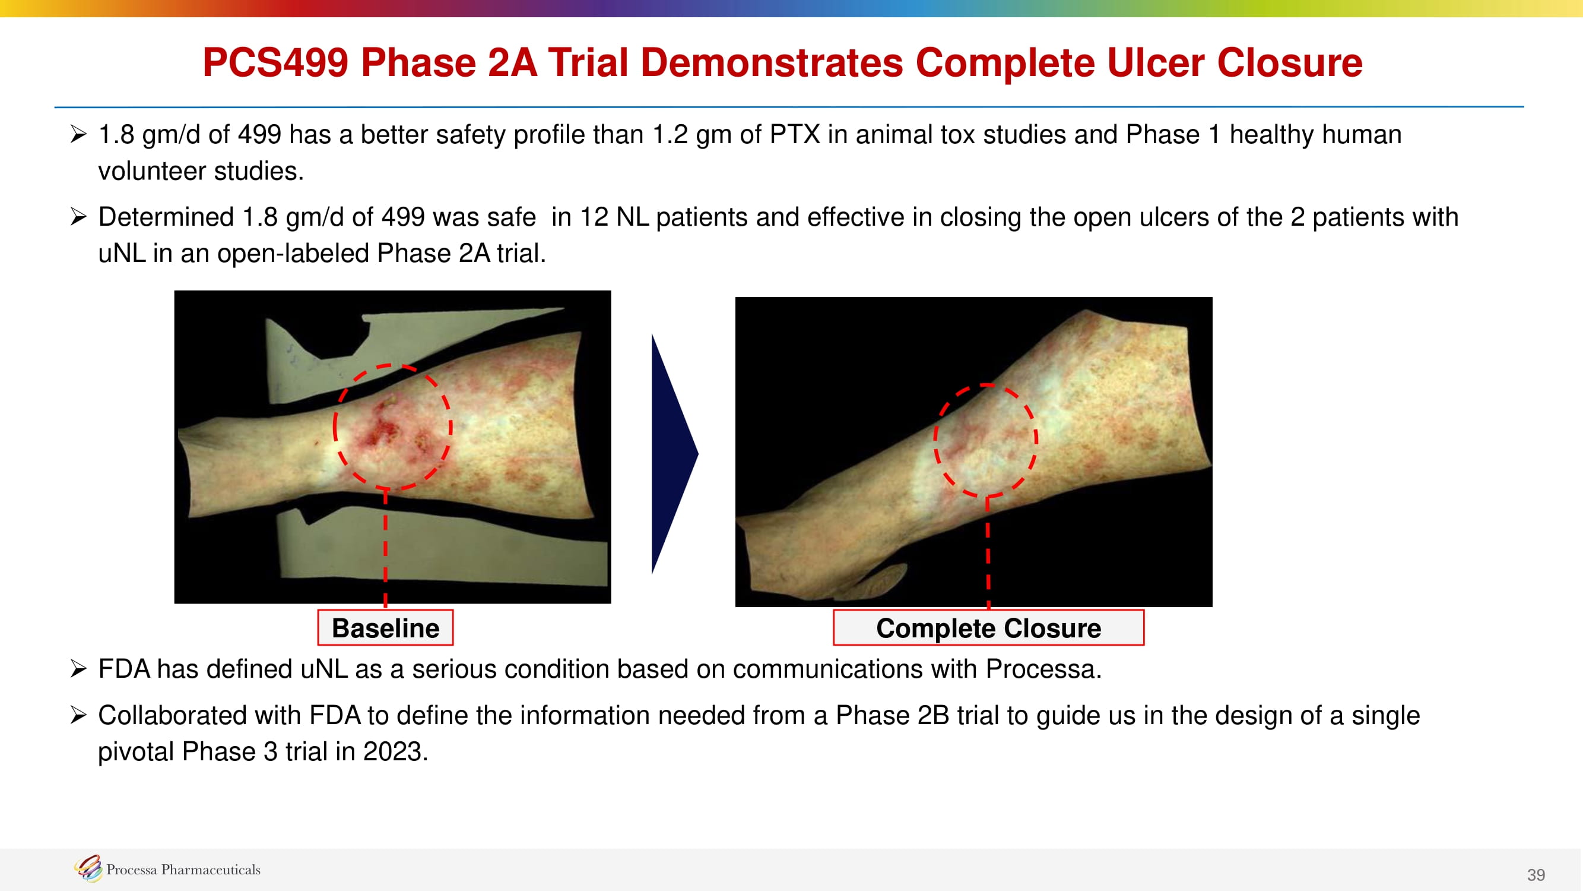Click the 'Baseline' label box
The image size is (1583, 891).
[x=385, y=627]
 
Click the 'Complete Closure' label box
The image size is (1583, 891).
[x=988, y=627]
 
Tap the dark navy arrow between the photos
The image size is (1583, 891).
[x=674, y=454]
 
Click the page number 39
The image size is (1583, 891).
[x=1536, y=874]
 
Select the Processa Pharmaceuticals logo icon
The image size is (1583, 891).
[x=88, y=868]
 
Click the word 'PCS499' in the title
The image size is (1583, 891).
[x=275, y=63]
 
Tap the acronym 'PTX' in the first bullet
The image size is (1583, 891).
[x=795, y=135]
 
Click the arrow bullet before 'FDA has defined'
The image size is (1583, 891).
[x=78, y=668]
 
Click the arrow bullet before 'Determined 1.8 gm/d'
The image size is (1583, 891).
[x=78, y=216]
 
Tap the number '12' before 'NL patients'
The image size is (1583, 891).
[x=593, y=217]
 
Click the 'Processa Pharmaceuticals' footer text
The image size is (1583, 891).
[x=183, y=870]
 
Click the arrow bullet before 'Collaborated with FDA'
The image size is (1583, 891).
[x=78, y=715]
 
